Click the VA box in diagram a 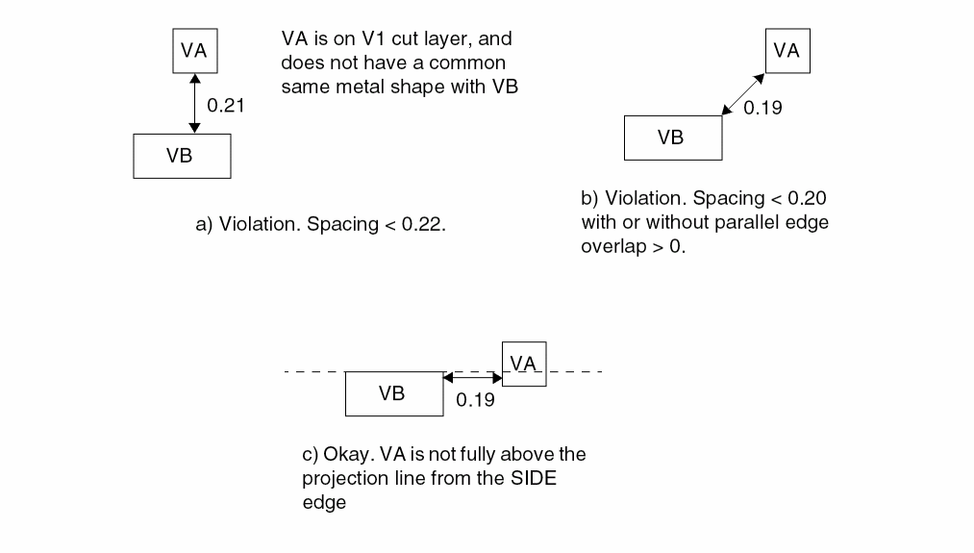[194, 51]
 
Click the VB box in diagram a [182, 156]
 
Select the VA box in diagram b [787, 51]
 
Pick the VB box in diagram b [672, 138]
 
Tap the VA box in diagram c [524, 364]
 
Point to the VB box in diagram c [393, 393]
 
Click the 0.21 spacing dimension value [226, 106]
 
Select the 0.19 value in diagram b [762, 108]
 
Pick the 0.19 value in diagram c [475, 399]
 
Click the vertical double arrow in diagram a [195, 104]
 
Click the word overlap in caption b [611, 245]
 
